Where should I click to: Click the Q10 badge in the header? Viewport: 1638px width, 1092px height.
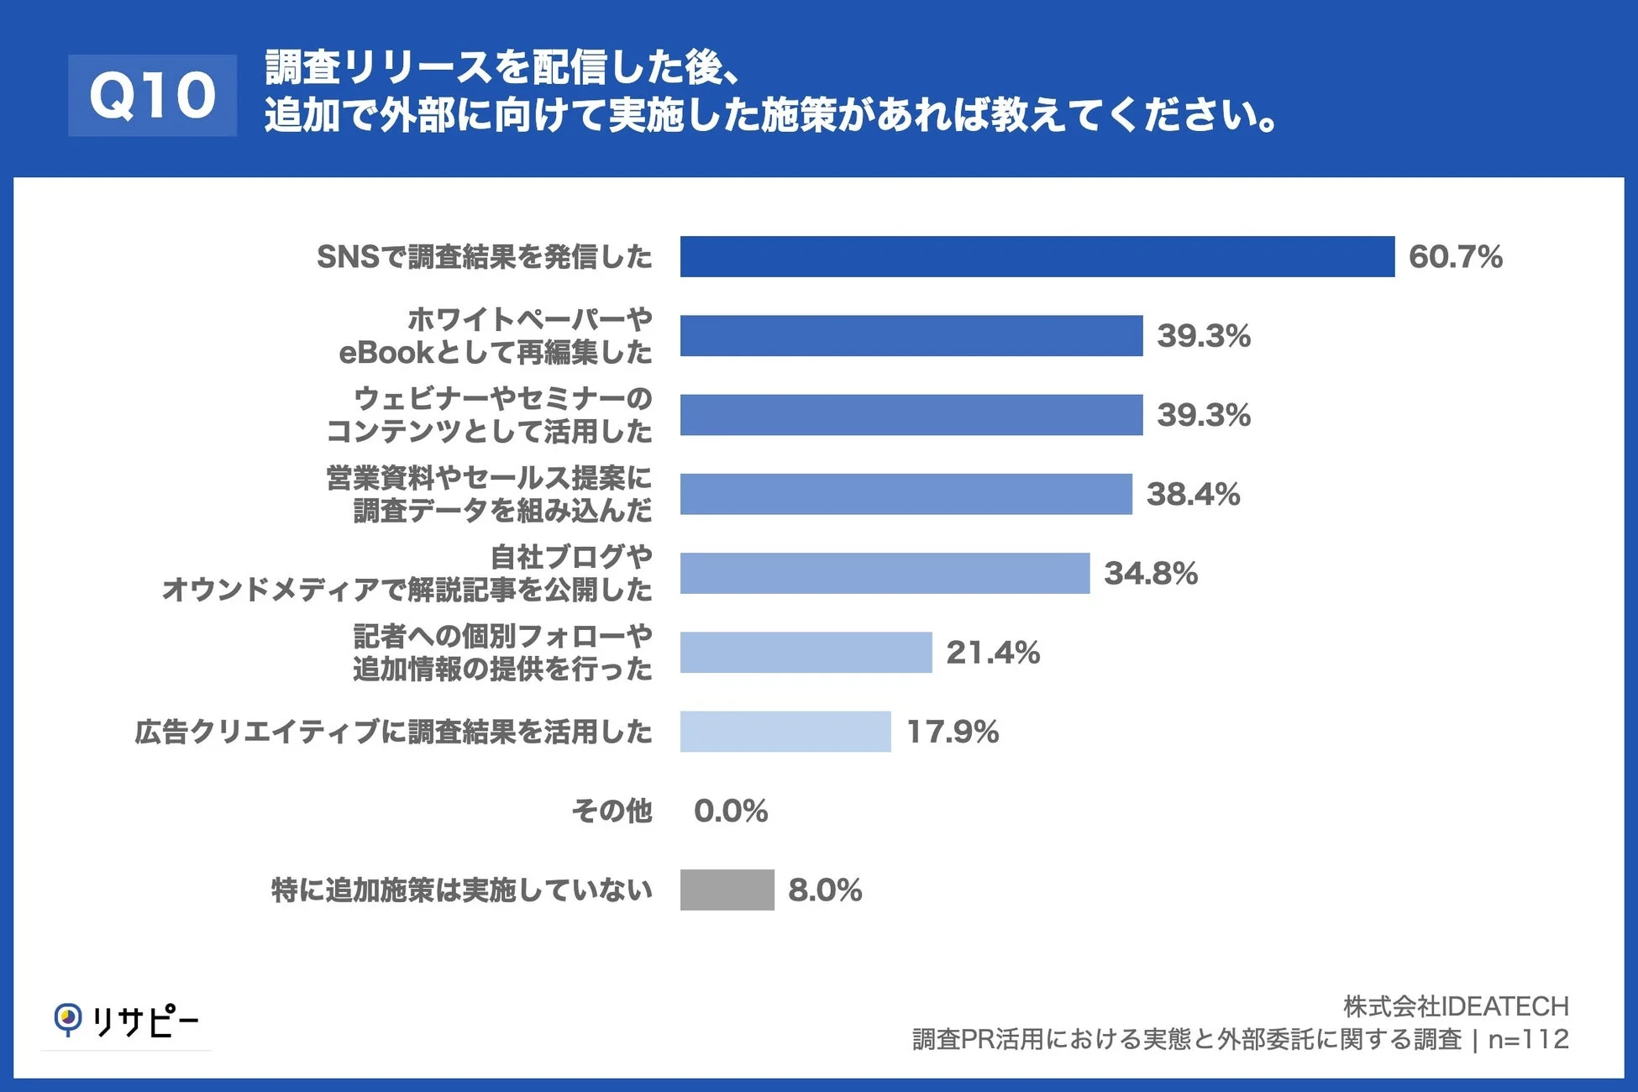point(152,95)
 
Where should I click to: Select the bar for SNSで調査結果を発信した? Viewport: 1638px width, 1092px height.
point(1037,256)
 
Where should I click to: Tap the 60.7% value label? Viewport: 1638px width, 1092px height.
point(1455,257)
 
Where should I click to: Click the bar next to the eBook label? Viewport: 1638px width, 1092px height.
point(911,336)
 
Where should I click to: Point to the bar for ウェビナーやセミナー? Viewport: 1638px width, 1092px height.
point(911,415)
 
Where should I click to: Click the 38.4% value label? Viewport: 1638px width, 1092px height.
point(1193,494)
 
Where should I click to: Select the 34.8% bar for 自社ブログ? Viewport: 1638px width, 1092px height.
point(885,573)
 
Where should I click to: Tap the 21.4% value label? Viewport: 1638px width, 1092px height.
point(993,653)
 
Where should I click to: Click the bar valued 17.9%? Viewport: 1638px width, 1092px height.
point(785,732)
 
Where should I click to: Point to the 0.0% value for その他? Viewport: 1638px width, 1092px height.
point(730,811)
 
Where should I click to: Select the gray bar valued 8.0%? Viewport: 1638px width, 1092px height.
point(727,890)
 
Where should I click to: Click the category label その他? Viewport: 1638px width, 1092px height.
point(612,811)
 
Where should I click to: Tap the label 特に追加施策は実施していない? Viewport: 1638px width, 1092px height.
point(461,890)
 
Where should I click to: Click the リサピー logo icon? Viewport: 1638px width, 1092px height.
point(68,1019)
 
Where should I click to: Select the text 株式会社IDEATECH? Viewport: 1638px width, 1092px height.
point(1455,1005)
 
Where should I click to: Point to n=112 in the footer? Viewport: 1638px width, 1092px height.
point(1528,1039)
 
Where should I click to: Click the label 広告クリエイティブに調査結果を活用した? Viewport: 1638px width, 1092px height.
point(393,732)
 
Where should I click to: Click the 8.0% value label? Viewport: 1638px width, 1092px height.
point(824,890)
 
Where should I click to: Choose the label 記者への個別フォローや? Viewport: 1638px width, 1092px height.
point(502,636)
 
